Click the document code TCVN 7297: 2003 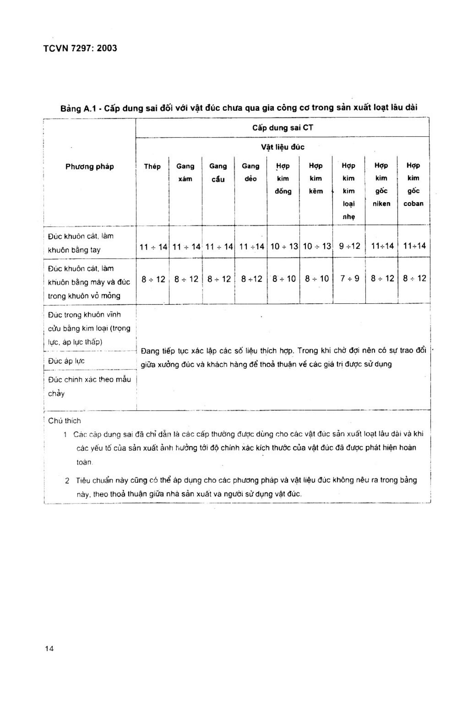80,48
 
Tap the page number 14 49,648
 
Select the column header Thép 152,167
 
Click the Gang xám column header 185,172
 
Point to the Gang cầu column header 218,173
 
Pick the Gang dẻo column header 251,172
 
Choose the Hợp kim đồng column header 283,178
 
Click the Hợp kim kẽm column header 315,178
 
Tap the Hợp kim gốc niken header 381,185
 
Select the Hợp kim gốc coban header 413,185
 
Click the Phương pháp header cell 90,167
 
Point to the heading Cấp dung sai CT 282,128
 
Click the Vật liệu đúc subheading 282,147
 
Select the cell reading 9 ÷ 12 349,246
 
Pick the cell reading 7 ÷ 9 349,279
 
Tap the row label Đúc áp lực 66,361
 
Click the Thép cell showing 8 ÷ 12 153,279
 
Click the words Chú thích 65,421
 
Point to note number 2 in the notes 67,481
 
